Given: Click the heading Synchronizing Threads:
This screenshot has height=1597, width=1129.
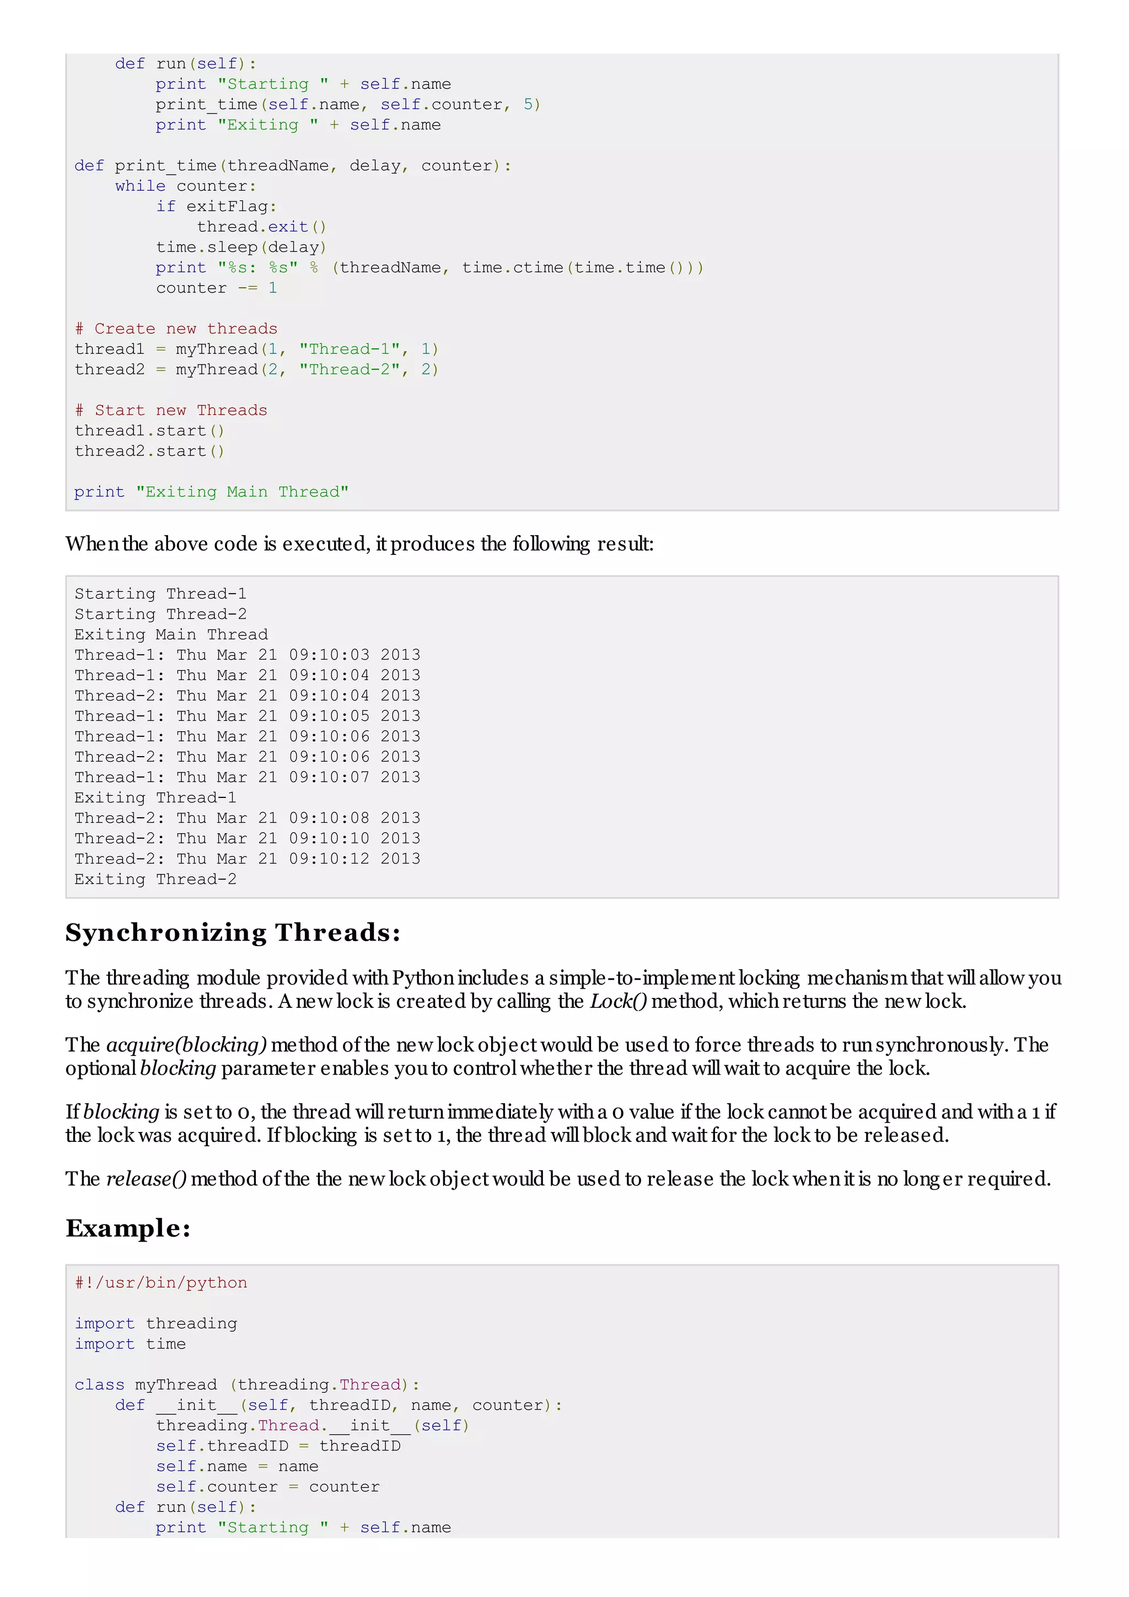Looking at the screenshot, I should pyautogui.click(x=233, y=933).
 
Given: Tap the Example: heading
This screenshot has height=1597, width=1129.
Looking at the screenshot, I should pyautogui.click(x=128, y=1228).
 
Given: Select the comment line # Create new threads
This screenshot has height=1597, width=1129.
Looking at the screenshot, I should pyautogui.click(x=176, y=329).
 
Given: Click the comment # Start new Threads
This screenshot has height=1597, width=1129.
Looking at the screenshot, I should pyautogui.click(x=171, y=411).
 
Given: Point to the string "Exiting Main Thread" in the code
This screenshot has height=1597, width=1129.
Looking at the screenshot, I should pyautogui.click(x=242, y=493).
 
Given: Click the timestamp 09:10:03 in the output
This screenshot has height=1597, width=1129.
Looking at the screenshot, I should pyautogui.click(x=329, y=655).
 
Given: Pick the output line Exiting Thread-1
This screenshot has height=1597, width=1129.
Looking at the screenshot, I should pyautogui.click(x=155, y=798).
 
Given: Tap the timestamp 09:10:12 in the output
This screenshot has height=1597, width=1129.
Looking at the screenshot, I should pyautogui.click(x=329, y=859).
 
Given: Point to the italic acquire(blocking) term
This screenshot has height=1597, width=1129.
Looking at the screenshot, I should pyautogui.click(x=186, y=1045).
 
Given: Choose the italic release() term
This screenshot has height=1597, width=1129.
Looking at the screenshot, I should pyautogui.click(x=146, y=1179).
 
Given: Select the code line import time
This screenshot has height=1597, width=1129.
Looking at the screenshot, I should pyautogui.click(x=130, y=1344).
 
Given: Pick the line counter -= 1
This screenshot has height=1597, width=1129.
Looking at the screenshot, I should pyautogui.click(x=216, y=288).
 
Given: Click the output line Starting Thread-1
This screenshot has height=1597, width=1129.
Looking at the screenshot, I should pyautogui.click(x=160, y=594).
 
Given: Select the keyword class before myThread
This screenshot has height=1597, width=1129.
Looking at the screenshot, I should pyautogui.click(x=99, y=1385).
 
